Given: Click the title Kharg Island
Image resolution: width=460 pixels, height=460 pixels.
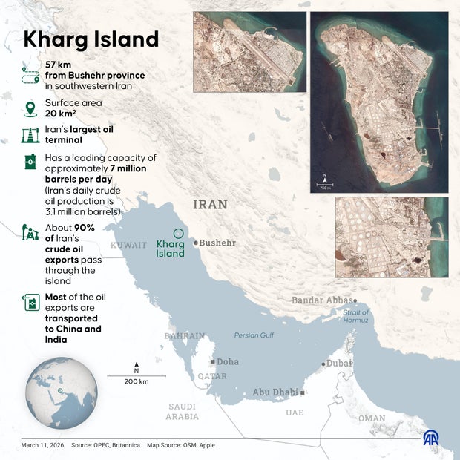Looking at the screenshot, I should (x=91, y=39).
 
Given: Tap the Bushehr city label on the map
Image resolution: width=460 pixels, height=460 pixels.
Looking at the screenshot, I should (x=217, y=243).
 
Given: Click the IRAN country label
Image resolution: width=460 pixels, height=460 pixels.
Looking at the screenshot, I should (x=210, y=204).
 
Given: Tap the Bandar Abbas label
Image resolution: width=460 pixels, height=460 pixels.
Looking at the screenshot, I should (x=321, y=300).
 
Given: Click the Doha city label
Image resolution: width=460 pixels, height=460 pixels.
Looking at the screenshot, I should (x=227, y=362).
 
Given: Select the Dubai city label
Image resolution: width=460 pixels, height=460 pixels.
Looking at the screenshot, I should (x=338, y=364).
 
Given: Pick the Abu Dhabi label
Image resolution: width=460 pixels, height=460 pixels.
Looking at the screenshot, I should (x=275, y=392).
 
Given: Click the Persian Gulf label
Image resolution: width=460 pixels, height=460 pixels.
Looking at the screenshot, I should (x=254, y=335).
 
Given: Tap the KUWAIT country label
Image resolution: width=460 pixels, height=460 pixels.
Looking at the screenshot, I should (x=128, y=245).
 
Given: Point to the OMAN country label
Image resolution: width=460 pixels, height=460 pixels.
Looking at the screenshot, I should (x=372, y=418).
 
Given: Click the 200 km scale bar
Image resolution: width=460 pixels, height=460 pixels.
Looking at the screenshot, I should (x=137, y=376).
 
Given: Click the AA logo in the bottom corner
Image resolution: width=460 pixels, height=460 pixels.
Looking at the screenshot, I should (x=431, y=438).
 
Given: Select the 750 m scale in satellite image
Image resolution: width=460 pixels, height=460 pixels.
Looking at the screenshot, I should (x=325, y=184).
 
